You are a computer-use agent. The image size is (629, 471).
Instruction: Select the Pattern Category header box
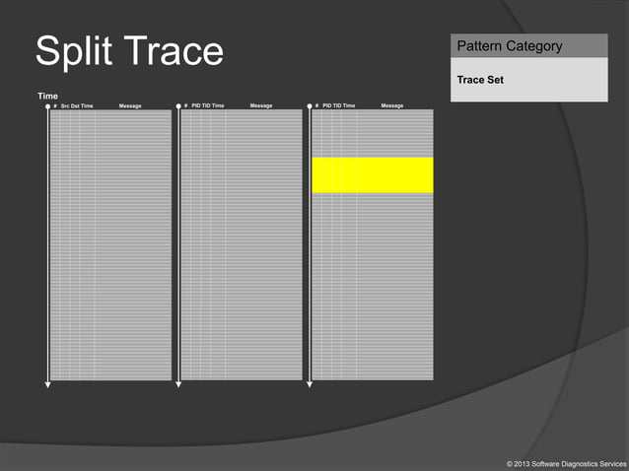(528, 45)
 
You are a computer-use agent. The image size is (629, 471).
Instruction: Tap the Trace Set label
(480, 80)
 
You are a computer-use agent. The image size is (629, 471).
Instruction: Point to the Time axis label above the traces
(47, 96)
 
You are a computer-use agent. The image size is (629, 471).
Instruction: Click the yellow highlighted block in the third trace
(372, 174)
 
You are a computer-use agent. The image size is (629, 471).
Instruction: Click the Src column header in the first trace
(65, 105)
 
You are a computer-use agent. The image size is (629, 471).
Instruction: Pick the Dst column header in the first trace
(75, 105)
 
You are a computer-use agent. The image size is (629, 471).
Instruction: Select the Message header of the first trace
(130, 105)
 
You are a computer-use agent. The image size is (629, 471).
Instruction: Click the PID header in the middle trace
(196, 105)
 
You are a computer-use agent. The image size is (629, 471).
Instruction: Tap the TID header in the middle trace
(206, 105)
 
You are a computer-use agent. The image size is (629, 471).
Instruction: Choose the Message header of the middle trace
(261, 105)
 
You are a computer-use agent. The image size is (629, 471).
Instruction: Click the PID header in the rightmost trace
(327, 105)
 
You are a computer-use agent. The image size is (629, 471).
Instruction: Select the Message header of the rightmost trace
(392, 105)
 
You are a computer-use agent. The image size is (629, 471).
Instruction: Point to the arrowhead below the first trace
(47, 384)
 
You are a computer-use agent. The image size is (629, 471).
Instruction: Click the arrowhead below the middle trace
(178, 384)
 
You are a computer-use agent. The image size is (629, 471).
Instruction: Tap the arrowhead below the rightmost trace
(310, 384)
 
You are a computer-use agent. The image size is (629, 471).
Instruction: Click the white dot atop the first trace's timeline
(47, 105)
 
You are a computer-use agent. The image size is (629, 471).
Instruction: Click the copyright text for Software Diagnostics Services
(564, 462)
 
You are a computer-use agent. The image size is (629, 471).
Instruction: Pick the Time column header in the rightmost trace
(349, 105)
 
